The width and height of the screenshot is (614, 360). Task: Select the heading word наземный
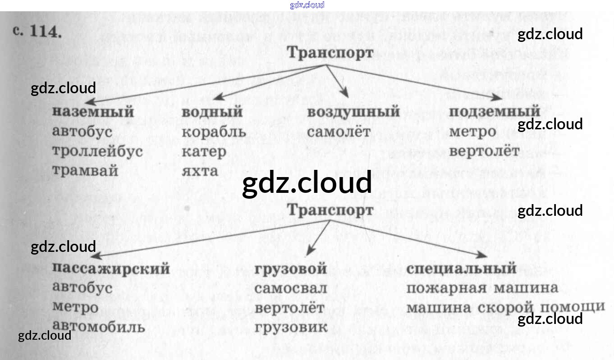click(93, 111)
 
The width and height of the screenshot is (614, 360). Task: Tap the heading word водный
click(212, 111)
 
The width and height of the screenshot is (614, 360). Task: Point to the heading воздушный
click(353, 111)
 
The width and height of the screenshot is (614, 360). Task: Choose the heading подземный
click(495, 111)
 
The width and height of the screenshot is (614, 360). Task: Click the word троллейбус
click(97, 151)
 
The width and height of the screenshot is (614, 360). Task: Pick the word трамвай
click(85, 171)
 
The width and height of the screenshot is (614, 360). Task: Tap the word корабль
click(214, 132)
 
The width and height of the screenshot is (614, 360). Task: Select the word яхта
click(200, 171)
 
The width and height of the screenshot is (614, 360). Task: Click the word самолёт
click(339, 132)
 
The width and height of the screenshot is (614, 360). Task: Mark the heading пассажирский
click(111, 269)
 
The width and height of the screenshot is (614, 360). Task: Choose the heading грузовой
click(291, 269)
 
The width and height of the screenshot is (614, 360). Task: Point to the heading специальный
click(461, 269)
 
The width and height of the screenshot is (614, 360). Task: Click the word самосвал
click(291, 288)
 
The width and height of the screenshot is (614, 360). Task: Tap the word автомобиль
click(99, 327)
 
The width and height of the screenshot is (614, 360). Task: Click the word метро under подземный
click(472, 132)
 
